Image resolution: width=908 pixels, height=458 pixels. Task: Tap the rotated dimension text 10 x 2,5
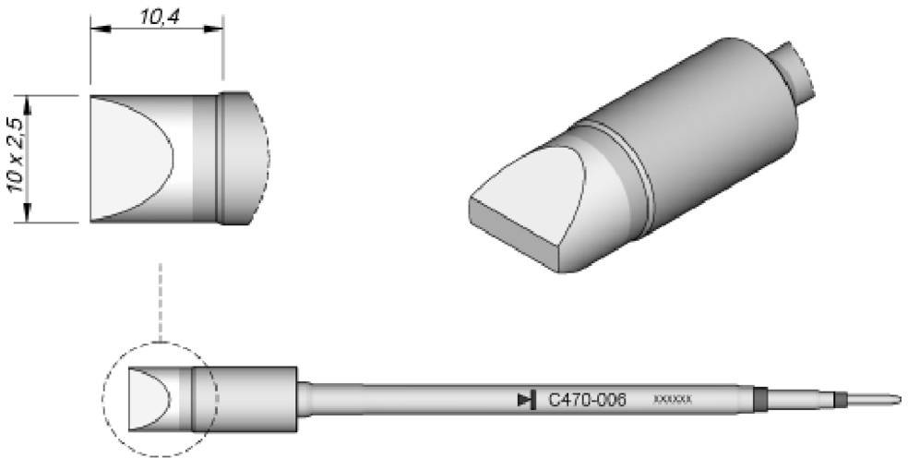point(13,156)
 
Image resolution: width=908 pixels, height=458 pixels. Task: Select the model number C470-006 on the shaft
point(587,400)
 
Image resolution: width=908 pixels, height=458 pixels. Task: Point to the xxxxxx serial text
point(672,400)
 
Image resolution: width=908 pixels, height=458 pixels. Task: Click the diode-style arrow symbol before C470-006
point(526,400)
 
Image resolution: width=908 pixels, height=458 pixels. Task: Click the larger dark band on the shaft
point(759,400)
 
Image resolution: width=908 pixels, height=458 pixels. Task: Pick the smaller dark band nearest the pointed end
point(839,400)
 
